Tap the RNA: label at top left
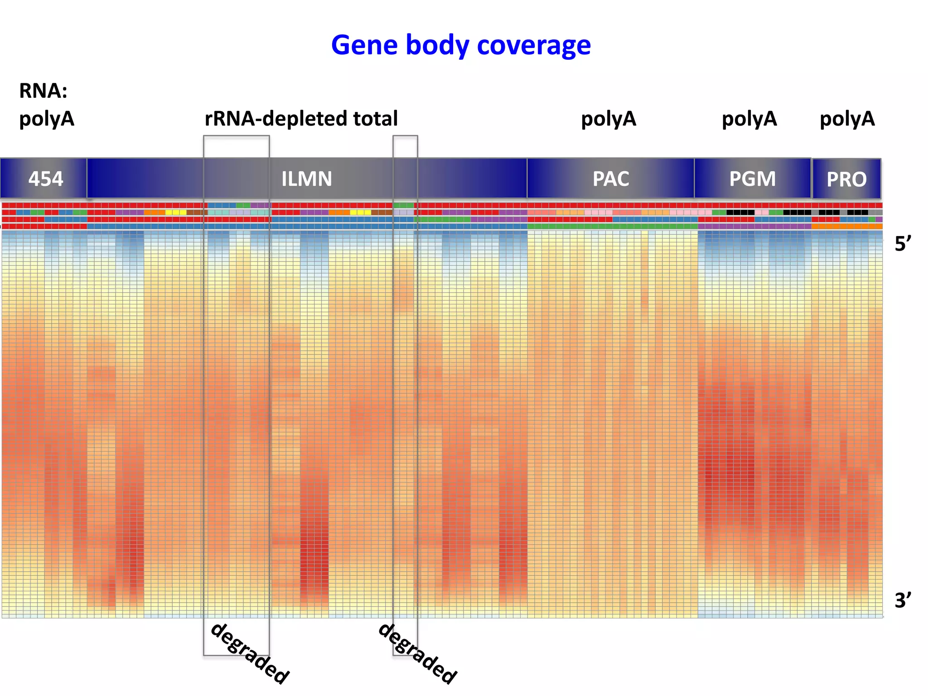[43, 91]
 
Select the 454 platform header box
[44, 179]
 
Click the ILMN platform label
[307, 179]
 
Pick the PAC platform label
[611, 179]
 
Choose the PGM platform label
[752, 179]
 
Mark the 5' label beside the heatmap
[902, 244]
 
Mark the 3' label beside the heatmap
[902, 600]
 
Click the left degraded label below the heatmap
[250, 653]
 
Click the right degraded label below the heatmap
[417, 653]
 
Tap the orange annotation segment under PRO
[846, 226]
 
